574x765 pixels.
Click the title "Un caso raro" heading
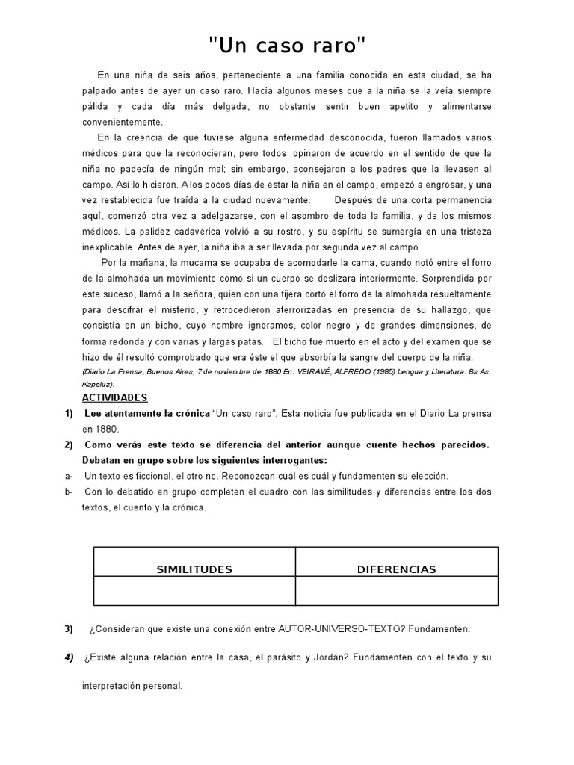(x=287, y=46)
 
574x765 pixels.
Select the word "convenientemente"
(x=122, y=122)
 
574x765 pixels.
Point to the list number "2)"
(x=69, y=445)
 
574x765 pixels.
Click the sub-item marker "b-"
(x=69, y=492)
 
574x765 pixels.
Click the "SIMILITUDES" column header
(x=194, y=569)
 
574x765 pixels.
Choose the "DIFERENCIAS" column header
(x=396, y=569)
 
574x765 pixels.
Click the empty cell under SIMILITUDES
(x=194, y=590)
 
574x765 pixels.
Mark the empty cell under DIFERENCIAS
(x=396, y=590)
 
